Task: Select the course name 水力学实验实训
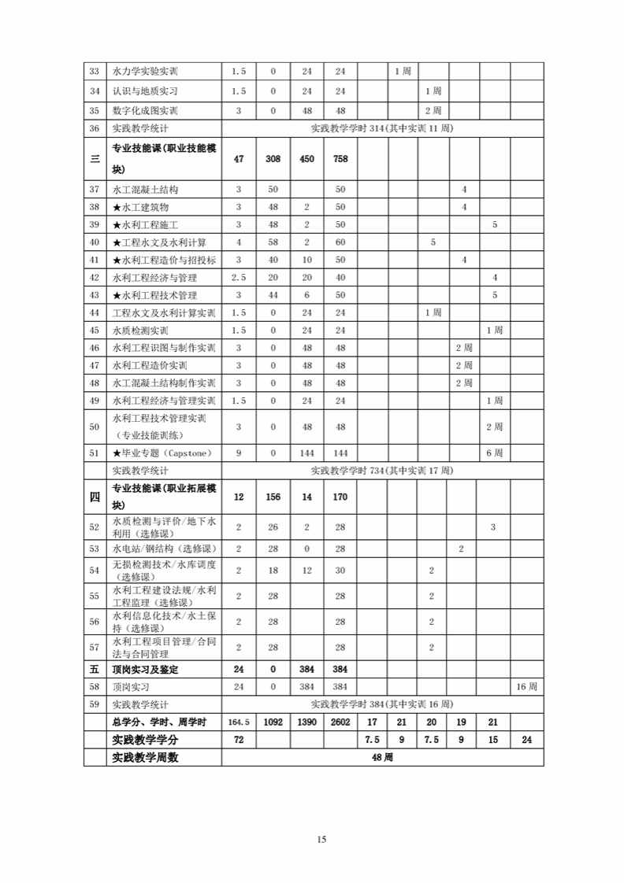click(145, 72)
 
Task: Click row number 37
click(95, 190)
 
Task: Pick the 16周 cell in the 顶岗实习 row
click(526, 687)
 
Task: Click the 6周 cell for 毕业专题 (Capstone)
click(494, 453)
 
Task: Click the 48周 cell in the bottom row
click(382, 757)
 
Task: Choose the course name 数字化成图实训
click(145, 110)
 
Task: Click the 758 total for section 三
click(340, 159)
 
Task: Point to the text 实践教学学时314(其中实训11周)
click(382, 128)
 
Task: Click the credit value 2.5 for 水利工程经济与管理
click(239, 277)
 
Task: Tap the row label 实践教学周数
click(146, 757)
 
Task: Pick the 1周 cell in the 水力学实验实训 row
click(402, 72)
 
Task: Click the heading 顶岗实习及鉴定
click(146, 670)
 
